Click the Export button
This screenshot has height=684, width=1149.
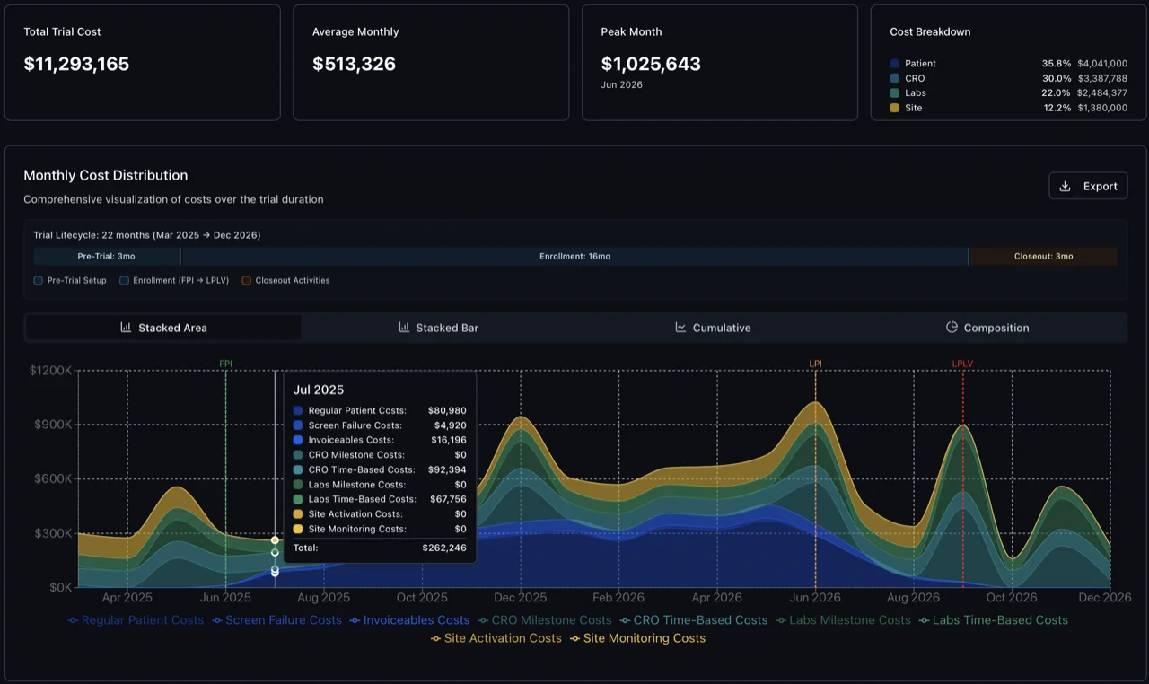point(1088,186)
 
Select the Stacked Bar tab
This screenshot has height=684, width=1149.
point(439,328)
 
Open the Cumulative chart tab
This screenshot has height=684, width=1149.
point(714,328)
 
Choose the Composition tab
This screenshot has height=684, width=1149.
point(987,328)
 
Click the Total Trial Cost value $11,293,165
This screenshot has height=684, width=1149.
point(76,65)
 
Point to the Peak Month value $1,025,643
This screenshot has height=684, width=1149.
point(651,65)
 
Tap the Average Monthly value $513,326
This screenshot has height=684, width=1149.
point(354,65)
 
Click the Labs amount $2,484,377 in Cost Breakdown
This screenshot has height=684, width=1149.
point(1102,93)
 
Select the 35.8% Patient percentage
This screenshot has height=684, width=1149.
point(1057,64)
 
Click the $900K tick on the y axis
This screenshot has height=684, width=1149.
point(51,425)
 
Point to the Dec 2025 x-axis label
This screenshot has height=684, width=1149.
point(521,598)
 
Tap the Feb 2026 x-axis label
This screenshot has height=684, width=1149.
point(618,598)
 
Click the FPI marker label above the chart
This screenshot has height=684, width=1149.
point(226,364)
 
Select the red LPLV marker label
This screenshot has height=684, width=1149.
point(962,364)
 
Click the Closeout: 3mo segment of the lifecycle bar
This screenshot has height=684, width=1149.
point(1043,257)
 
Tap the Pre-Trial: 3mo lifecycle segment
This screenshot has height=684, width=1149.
point(106,257)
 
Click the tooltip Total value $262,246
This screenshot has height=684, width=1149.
point(444,548)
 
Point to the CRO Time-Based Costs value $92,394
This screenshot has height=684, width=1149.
point(447,469)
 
